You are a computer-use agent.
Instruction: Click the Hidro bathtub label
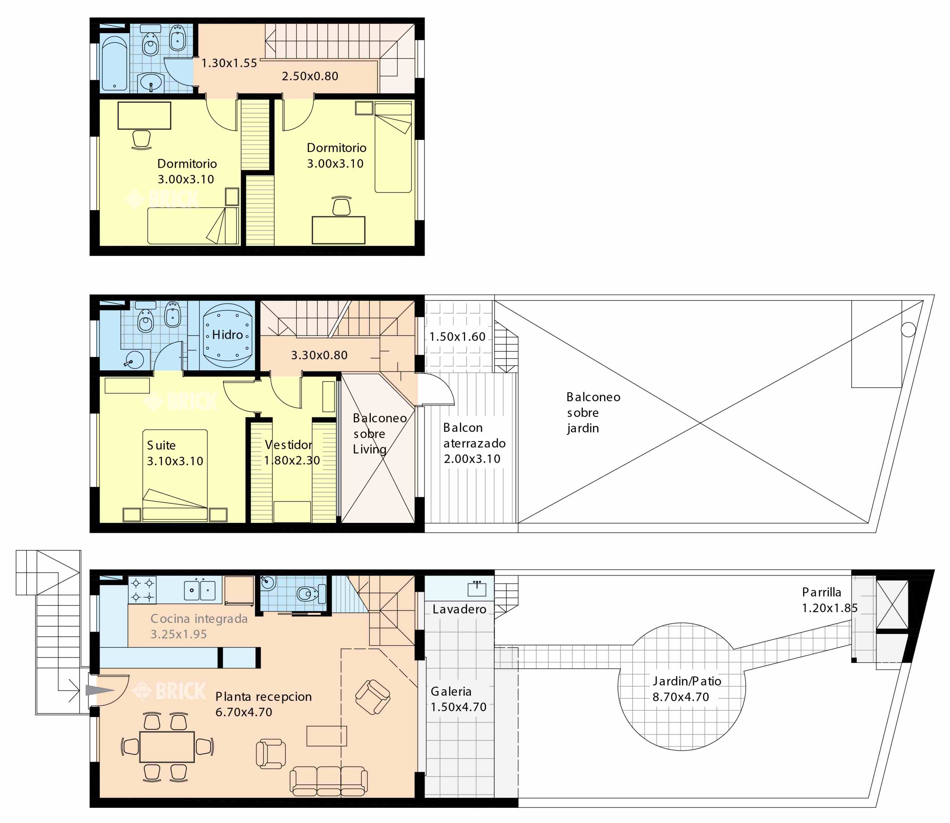(227, 335)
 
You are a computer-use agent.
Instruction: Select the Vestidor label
(288, 444)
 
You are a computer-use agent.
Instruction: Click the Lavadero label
(459, 609)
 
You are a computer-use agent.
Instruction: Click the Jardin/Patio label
(687, 681)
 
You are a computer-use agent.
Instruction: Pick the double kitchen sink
(200, 590)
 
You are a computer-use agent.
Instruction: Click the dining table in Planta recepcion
(167, 746)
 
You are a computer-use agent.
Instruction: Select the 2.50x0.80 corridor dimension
(310, 76)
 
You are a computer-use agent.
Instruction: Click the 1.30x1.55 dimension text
(229, 63)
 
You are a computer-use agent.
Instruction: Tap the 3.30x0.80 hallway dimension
(319, 355)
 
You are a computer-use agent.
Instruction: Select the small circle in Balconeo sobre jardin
(908, 329)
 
